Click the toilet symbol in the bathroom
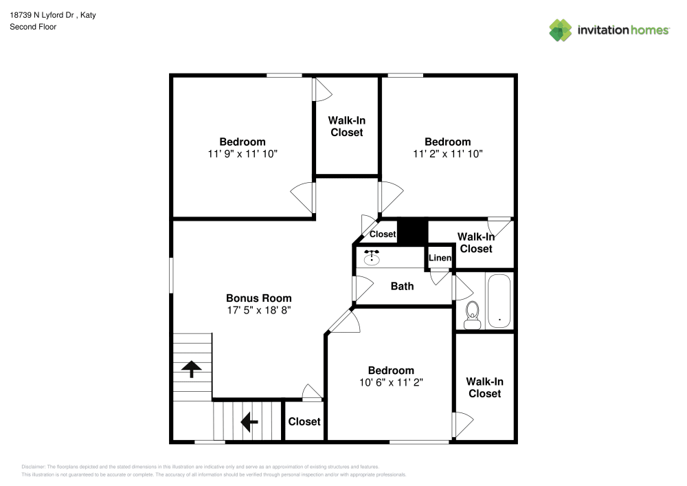[x=472, y=315]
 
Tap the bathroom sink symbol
[x=372, y=258]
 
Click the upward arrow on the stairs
[x=191, y=369]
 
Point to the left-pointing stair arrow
[x=249, y=419]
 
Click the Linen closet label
[x=440, y=258]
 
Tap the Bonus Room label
[x=259, y=298]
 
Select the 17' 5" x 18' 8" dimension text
[x=259, y=310]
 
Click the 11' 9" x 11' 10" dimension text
[x=243, y=154]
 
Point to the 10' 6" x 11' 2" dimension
[x=390, y=382]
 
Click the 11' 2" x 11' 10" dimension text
[x=448, y=154]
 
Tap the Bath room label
[x=402, y=286]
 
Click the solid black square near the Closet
[x=413, y=231]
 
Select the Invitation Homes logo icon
[x=560, y=30]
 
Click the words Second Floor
[x=33, y=27]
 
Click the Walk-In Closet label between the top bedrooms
[x=346, y=126]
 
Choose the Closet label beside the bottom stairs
[x=304, y=421]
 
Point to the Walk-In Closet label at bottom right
[x=484, y=387]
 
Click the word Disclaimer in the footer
[x=34, y=466]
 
